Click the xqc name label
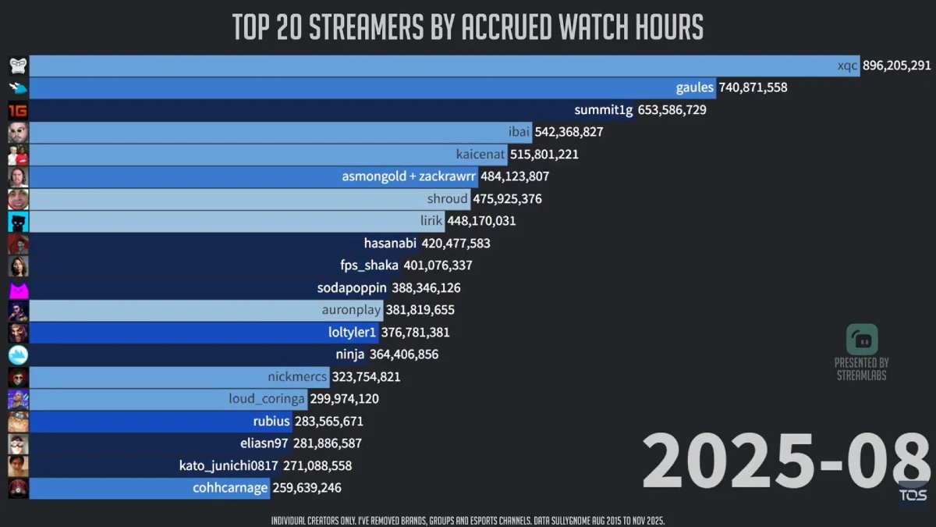[848, 66]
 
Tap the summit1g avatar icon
[18, 110]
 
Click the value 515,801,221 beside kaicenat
[544, 155]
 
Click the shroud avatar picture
[18, 199]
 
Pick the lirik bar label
[431, 221]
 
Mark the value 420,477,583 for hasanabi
[456, 244]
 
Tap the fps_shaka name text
[369, 265]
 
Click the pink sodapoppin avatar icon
[18, 288]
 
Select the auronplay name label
[351, 310]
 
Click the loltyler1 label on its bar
[352, 333]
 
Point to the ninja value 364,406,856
[403, 354]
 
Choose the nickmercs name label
[296, 377]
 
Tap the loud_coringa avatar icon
[18, 399]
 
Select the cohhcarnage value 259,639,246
[307, 488]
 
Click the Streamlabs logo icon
[862, 340]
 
